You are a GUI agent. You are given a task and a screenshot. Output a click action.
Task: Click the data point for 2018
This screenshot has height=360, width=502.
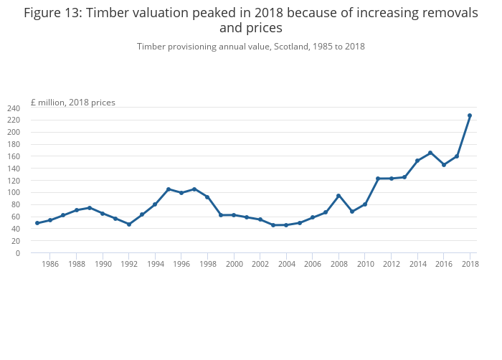(x=470, y=115)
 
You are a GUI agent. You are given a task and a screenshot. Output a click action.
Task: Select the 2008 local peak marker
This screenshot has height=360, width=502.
(x=338, y=196)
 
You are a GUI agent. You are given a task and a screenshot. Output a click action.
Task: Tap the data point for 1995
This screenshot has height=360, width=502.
(x=169, y=189)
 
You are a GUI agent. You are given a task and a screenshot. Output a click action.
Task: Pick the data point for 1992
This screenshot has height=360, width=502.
(x=129, y=224)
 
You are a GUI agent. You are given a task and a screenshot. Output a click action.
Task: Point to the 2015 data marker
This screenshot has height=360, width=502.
(x=430, y=153)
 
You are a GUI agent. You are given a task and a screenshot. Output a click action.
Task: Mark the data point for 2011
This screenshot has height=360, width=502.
(x=378, y=179)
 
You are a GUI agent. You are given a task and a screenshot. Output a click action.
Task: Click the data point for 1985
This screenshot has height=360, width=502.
(x=37, y=223)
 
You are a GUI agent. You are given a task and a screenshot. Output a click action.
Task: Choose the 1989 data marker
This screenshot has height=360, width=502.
(x=90, y=208)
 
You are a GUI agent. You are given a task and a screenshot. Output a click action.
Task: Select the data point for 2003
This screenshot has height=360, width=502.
(x=273, y=225)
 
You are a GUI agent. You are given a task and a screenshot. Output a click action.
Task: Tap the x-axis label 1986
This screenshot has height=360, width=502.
(x=50, y=264)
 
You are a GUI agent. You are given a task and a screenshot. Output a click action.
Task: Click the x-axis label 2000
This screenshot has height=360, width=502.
(x=234, y=264)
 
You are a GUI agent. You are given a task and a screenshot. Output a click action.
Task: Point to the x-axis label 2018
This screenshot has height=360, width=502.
(x=470, y=264)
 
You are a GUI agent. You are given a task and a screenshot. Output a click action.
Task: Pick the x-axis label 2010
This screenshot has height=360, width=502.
(x=365, y=264)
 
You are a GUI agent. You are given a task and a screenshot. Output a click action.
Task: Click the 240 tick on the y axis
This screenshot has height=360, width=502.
(x=14, y=108)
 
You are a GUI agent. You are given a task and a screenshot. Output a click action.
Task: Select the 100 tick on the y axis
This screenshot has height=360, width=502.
(x=14, y=193)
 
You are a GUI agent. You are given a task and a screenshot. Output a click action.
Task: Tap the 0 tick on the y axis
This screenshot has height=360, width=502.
(x=17, y=253)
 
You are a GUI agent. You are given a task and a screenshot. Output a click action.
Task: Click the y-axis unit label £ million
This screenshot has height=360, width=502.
(x=48, y=103)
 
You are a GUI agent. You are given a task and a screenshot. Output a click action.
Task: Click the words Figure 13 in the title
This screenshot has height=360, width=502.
(x=50, y=13)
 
